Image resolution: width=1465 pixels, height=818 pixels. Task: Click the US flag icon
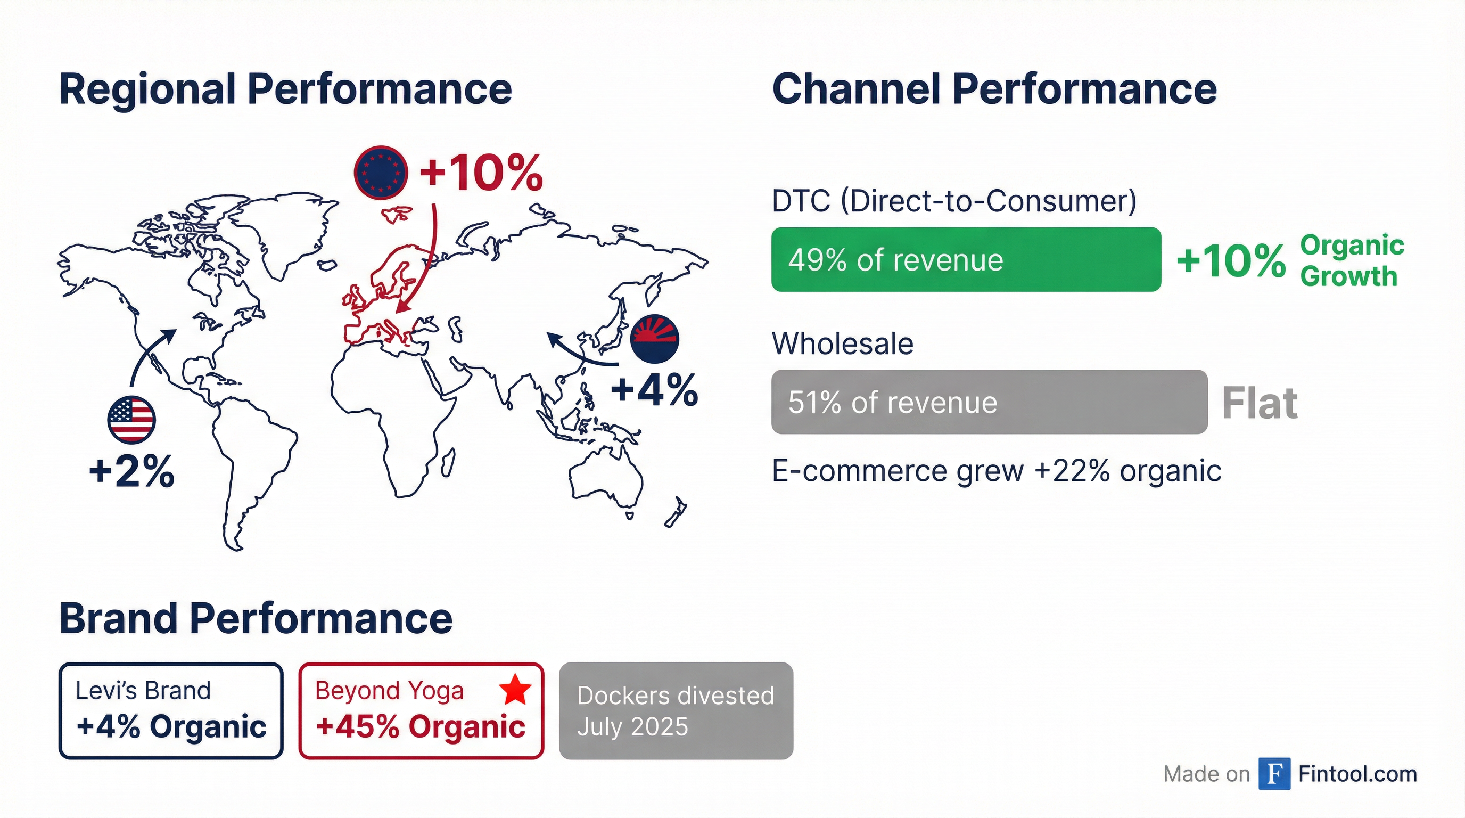(x=131, y=420)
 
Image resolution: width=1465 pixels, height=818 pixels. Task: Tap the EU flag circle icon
(x=381, y=173)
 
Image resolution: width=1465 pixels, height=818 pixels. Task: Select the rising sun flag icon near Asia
(x=655, y=339)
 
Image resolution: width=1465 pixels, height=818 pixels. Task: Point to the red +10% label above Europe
(x=481, y=173)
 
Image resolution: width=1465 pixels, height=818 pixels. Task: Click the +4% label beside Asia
(x=655, y=391)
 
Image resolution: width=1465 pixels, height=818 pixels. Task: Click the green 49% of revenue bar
(x=966, y=260)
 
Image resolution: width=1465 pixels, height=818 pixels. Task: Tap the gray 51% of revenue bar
(x=989, y=402)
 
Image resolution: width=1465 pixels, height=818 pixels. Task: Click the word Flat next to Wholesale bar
(x=1259, y=403)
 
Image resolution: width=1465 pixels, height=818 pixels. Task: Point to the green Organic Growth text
(x=1351, y=260)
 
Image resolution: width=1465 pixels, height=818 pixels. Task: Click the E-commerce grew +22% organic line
(x=996, y=471)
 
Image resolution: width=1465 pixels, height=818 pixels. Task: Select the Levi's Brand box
(x=170, y=710)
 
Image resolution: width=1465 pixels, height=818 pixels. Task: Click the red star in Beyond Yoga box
(x=515, y=690)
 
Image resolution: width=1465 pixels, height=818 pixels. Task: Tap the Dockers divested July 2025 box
(x=676, y=710)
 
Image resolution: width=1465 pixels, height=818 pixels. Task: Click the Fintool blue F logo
(x=1274, y=774)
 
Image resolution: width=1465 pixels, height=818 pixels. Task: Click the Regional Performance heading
(x=285, y=89)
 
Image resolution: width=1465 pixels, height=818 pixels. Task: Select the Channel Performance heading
(x=994, y=89)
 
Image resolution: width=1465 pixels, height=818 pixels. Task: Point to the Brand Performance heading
(x=256, y=618)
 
